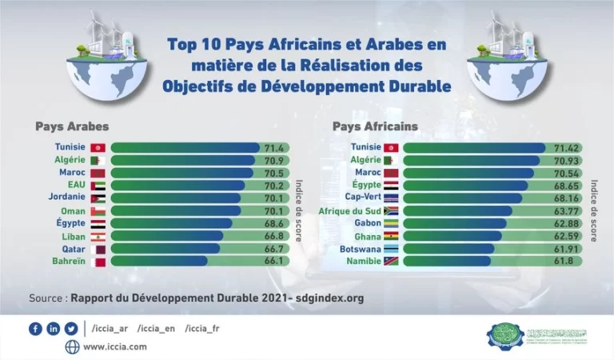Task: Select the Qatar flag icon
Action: (x=98, y=249)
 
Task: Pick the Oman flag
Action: (x=98, y=210)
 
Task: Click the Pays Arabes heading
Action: (x=72, y=126)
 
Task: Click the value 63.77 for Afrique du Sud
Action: (x=566, y=210)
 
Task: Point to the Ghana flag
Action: (x=392, y=236)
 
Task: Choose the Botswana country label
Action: (x=359, y=249)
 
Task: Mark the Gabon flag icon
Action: (x=392, y=223)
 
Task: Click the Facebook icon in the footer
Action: (x=35, y=329)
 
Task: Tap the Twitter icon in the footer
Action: (x=71, y=329)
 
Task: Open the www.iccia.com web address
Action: (x=115, y=346)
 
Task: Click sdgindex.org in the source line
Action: (x=330, y=298)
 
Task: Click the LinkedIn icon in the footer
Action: (x=54, y=329)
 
